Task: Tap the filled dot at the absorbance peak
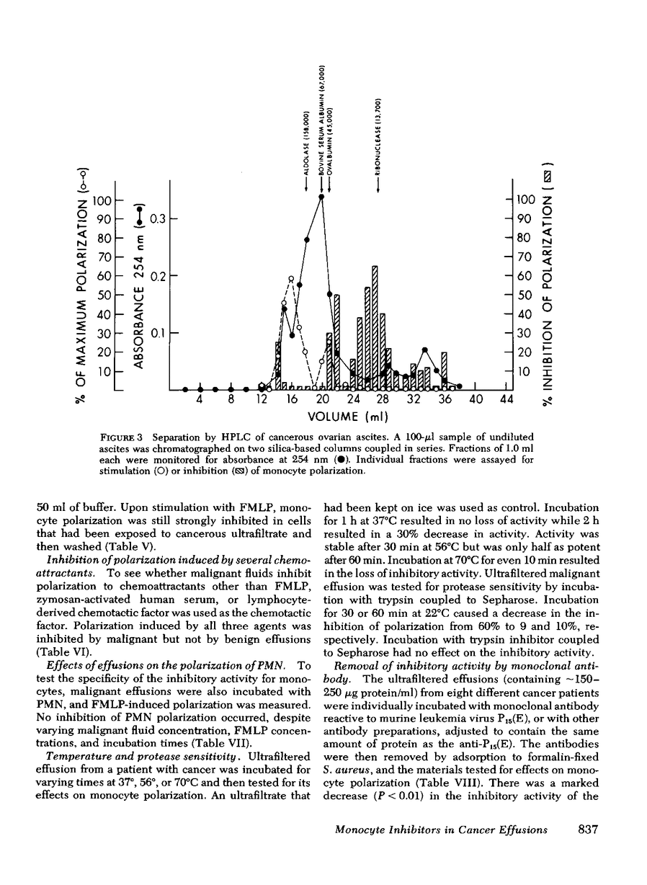[321, 196]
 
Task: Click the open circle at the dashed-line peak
[291, 278]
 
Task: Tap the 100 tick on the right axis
[525, 199]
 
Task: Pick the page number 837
[590, 850]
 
